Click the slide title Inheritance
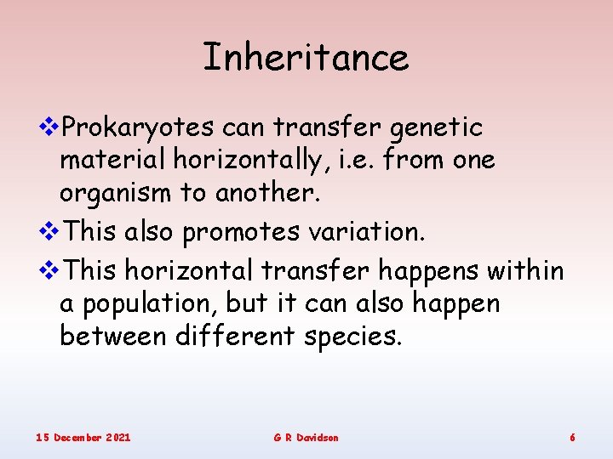pos(306,58)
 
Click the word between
pos(113,337)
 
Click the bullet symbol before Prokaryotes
pos(53,128)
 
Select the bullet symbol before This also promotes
pos(53,231)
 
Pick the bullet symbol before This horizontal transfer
pos(53,271)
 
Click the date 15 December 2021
pos(83,437)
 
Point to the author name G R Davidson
pos(306,437)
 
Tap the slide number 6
pos(572,437)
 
